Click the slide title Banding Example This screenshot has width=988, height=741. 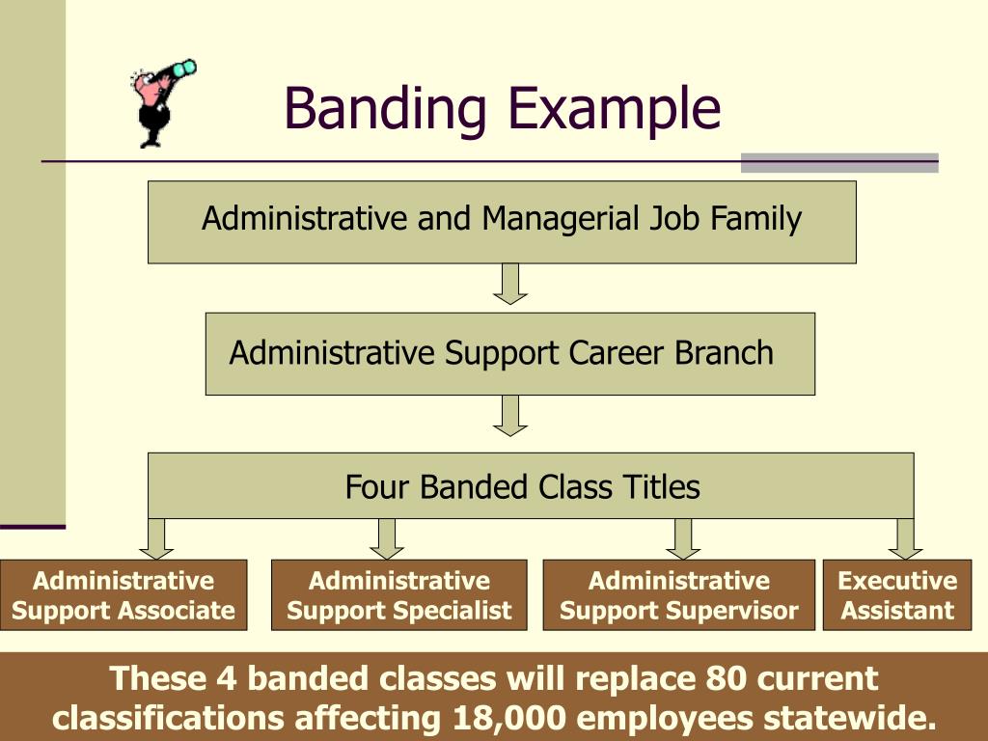pyautogui.click(x=502, y=108)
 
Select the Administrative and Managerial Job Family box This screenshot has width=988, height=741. pyautogui.click(x=502, y=221)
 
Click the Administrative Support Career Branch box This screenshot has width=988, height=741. pyautogui.click(x=509, y=353)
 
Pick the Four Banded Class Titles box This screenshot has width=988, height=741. pyautogui.click(x=530, y=485)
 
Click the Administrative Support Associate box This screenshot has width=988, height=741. pyautogui.click(x=123, y=595)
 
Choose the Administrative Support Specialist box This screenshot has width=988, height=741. pyautogui.click(x=398, y=595)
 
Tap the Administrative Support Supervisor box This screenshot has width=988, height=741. pyautogui.click(x=679, y=595)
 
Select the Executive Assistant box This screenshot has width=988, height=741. pyautogui.click(x=896, y=595)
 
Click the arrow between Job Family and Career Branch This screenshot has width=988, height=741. pyautogui.click(x=510, y=284)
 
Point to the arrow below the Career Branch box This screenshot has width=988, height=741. pyautogui.click(x=510, y=415)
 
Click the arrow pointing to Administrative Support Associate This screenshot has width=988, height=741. pyautogui.click(x=156, y=538)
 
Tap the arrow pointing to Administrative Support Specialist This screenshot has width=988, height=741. pyautogui.click(x=387, y=538)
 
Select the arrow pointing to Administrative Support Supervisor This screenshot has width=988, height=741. pyautogui.click(x=683, y=538)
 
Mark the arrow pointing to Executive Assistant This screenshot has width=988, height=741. pyautogui.click(x=905, y=538)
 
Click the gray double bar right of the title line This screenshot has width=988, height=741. pyautogui.click(x=838, y=162)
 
